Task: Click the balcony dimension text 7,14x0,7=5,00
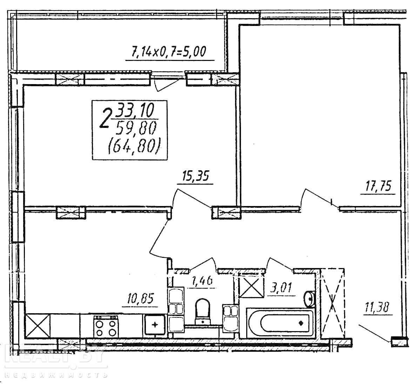pos(169,52)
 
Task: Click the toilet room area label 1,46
pos(202,281)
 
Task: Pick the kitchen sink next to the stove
pos(155,324)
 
